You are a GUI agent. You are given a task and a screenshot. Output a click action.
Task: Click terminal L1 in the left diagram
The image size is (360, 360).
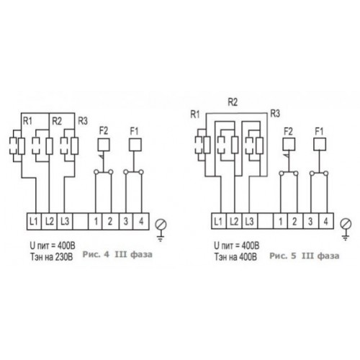34,221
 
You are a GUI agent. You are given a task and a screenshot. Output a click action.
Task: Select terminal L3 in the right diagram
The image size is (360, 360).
250,221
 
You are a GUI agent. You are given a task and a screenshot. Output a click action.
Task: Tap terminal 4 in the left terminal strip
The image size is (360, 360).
141,221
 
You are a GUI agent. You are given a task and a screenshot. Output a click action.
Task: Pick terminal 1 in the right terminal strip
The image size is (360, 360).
281,221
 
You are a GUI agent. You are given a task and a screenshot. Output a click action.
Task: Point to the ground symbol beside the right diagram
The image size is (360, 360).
346,230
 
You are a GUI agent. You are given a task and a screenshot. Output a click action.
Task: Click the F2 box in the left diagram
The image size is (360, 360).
104,145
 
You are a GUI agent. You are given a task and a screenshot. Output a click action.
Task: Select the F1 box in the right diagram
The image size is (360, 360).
320,144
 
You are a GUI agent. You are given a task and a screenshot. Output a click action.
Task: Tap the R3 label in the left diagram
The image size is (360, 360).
83,121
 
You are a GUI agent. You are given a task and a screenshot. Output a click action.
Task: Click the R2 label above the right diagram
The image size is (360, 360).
233,102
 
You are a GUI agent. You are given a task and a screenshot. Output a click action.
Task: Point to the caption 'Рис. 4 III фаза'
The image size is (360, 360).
117,254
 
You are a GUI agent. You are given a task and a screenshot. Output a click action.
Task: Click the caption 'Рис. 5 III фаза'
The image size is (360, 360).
305,256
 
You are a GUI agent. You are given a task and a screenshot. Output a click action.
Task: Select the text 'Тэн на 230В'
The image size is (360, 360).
51,257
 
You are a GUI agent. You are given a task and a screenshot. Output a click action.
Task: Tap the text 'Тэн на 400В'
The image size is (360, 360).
235,257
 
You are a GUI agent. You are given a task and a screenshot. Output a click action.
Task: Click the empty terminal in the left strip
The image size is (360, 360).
80,221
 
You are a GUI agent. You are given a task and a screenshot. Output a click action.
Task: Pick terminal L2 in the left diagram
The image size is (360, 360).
49,221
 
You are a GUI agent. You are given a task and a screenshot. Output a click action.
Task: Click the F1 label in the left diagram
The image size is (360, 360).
134,131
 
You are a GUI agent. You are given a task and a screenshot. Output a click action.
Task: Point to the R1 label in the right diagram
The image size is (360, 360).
195,114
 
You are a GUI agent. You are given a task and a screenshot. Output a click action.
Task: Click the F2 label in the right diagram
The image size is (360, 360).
288,132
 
